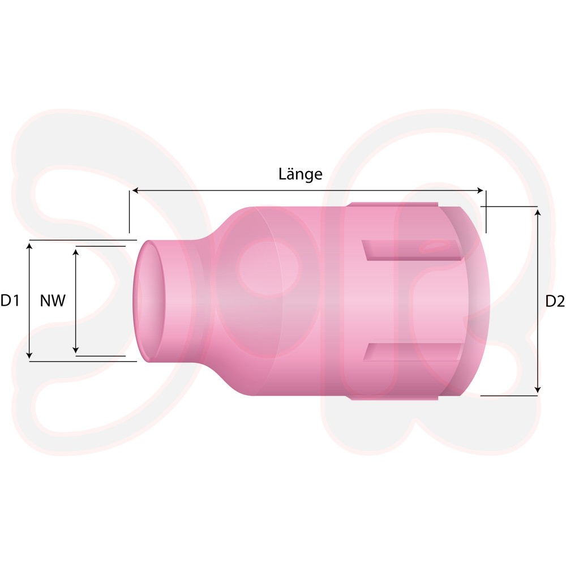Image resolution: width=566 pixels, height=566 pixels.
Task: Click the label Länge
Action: coord(301,174)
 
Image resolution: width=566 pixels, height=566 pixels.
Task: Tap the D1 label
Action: coord(10,301)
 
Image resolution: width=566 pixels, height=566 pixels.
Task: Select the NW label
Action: coord(53,301)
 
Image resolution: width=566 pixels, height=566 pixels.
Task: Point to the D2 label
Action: coord(555,301)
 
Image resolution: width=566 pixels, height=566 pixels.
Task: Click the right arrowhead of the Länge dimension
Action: coord(480,191)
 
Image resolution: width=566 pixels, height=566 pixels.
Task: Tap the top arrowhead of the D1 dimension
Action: coord(30,247)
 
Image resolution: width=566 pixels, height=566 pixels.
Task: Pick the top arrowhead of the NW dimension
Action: coord(75,252)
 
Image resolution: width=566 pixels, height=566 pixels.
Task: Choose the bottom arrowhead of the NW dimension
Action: coord(75,349)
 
